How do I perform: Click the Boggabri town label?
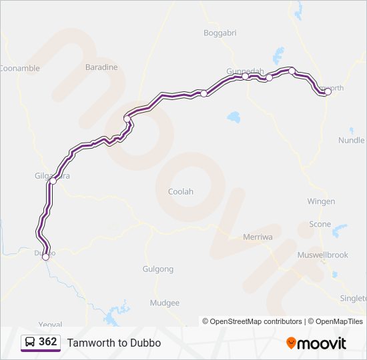tap(220, 32)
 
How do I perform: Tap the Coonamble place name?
tap(19, 68)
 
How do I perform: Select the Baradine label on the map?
tap(101, 67)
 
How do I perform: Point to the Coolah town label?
tap(180, 191)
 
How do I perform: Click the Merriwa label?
tap(256, 237)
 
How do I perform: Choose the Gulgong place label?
tap(158, 269)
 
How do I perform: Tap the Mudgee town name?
tap(165, 303)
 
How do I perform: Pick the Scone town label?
tap(320, 224)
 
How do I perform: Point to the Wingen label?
tap(321, 201)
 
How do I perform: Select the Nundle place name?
tap(352, 141)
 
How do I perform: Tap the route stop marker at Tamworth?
tap(328, 92)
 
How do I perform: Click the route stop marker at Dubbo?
tap(45, 257)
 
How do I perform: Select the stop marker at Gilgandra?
tap(53, 181)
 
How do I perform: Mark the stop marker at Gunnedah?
tap(246, 76)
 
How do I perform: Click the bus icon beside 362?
tap(30, 342)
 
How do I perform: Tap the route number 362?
tap(48, 342)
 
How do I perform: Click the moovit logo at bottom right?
tap(316, 343)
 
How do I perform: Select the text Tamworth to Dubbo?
tap(114, 343)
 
